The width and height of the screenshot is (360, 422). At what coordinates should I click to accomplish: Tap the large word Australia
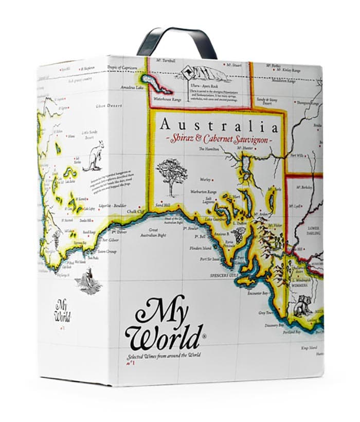[219, 125]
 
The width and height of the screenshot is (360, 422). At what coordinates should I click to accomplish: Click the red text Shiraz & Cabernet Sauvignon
[219, 139]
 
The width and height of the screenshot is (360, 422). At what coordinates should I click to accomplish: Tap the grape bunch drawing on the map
[238, 237]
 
